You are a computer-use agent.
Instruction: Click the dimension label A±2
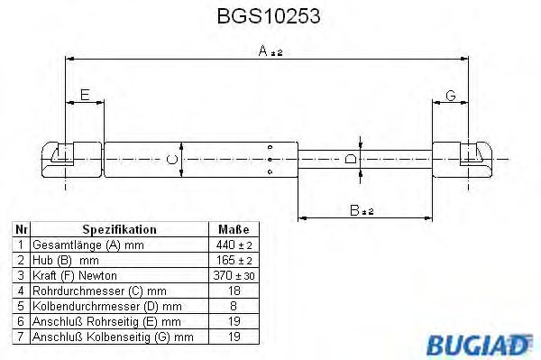tap(270, 52)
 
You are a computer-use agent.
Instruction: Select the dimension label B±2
tap(362, 210)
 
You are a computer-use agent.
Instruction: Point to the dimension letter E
tap(84, 95)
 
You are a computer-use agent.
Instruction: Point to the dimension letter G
tap(451, 95)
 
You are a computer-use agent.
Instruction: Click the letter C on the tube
tap(171, 160)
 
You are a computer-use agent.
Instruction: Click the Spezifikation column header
tap(119, 230)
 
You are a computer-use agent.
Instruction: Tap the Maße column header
tap(234, 230)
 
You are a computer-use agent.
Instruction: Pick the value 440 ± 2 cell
tap(234, 245)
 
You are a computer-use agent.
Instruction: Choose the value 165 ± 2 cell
tap(234, 260)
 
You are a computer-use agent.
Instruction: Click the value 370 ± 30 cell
tap(234, 275)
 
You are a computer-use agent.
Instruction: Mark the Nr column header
tap(21, 230)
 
